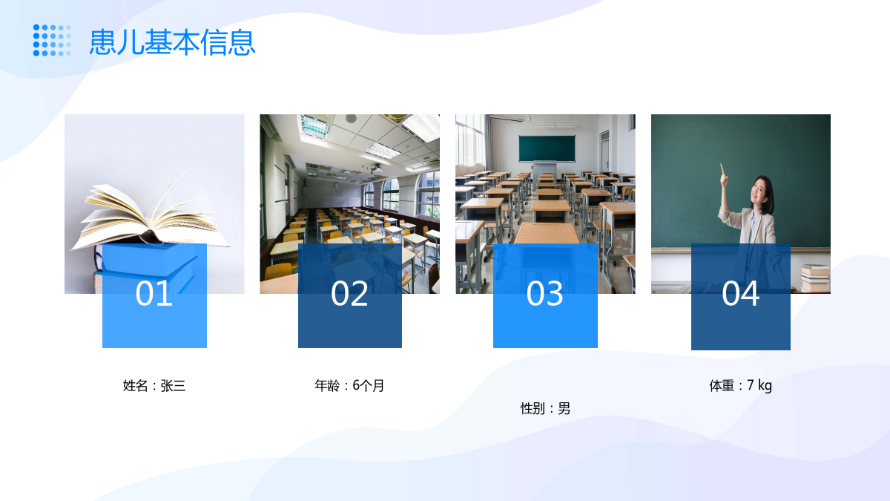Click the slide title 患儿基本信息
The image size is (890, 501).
(x=172, y=42)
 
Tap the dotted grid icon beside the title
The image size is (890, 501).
(x=52, y=40)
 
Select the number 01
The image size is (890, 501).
(x=154, y=293)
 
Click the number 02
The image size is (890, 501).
(x=349, y=293)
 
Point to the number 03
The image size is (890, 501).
(x=544, y=293)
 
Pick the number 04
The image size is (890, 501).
(x=741, y=293)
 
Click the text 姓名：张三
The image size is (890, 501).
(x=154, y=386)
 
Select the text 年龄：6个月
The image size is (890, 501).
(x=349, y=386)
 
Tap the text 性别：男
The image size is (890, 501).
(x=546, y=408)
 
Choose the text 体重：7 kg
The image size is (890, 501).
(x=741, y=386)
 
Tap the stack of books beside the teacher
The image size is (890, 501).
(x=815, y=278)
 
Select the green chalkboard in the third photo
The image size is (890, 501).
(x=547, y=148)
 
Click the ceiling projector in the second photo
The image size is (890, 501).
(x=376, y=169)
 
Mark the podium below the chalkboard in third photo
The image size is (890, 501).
(x=544, y=171)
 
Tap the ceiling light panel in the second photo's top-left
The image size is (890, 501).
(x=314, y=125)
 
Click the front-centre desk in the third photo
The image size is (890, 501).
(x=547, y=234)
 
